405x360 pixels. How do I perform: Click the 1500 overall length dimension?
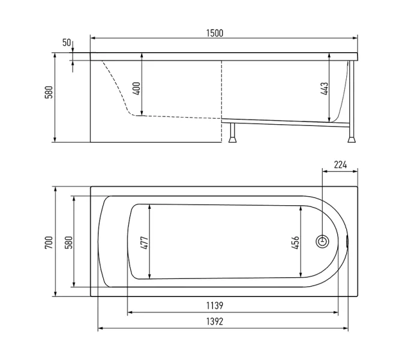click(215, 34)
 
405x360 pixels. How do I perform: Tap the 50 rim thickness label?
click(67, 43)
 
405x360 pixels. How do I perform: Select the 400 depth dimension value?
click(137, 88)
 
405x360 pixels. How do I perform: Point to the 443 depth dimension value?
click(325, 89)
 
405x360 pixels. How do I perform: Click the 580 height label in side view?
click(49, 92)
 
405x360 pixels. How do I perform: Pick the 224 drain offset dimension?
click(340, 165)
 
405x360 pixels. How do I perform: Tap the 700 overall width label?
click(49, 242)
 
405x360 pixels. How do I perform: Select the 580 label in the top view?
click(69, 242)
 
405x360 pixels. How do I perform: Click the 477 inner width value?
click(145, 243)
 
